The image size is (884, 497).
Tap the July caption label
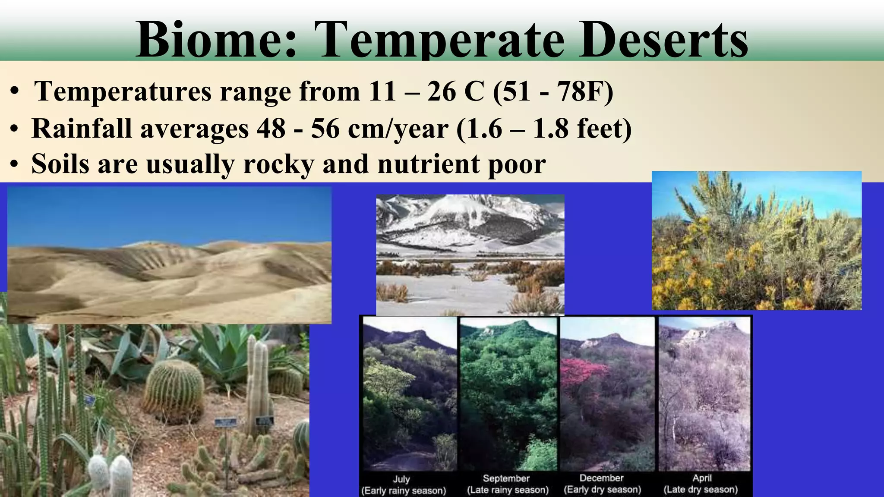pos(401,479)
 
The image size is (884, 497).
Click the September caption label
pos(506,478)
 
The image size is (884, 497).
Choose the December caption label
pos(601,478)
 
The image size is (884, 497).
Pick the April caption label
pos(702,478)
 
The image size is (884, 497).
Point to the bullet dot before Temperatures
pos(15,92)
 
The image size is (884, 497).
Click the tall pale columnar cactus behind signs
pos(259,380)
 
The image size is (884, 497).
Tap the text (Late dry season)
pos(701,490)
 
